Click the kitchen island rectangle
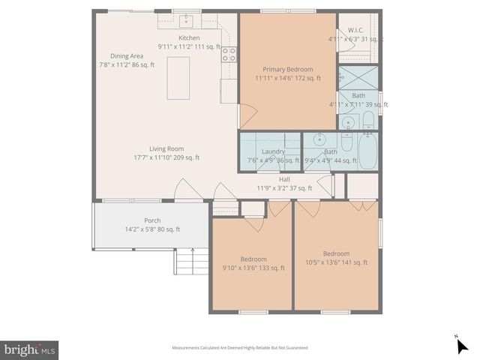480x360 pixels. (x=178, y=76)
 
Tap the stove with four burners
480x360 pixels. (x=229, y=54)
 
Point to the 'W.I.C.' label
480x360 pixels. (x=355, y=31)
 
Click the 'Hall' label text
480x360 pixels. (x=284, y=178)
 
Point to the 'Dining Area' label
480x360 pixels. (x=127, y=55)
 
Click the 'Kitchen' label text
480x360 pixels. (x=189, y=37)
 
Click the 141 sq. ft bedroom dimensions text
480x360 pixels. (x=336, y=262)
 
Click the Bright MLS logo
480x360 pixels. (x=29, y=349)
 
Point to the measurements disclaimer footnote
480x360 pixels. (x=239, y=348)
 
